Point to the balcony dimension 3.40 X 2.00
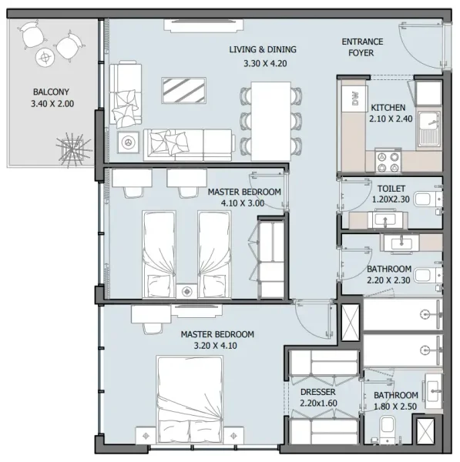(x=52, y=103)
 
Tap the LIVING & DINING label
(x=263, y=50)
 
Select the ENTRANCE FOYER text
(x=358, y=47)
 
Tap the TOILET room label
(x=391, y=188)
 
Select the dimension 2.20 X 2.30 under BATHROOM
(x=389, y=280)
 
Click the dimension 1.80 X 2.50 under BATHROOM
(x=395, y=407)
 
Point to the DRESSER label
(x=317, y=392)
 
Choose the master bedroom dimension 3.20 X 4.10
(x=217, y=346)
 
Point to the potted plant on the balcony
(x=72, y=149)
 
